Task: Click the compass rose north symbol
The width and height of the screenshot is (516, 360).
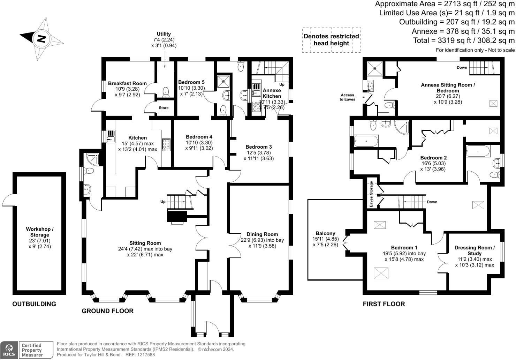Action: coord(41,38)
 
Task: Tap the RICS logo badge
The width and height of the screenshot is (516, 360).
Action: coord(9,350)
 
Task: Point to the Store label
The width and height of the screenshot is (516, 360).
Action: coord(164,108)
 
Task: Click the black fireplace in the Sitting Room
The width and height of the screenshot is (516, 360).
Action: coord(177,217)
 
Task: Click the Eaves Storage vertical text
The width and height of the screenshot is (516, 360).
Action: coord(372,194)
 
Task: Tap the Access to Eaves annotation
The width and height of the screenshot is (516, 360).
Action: coord(347,97)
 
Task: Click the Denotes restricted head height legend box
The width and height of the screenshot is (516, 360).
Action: coord(331,40)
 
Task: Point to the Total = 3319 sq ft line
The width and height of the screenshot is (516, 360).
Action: coord(464,40)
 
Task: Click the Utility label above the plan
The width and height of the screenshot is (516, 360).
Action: coord(164,34)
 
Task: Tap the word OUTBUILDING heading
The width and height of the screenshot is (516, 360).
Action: coord(34,304)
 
